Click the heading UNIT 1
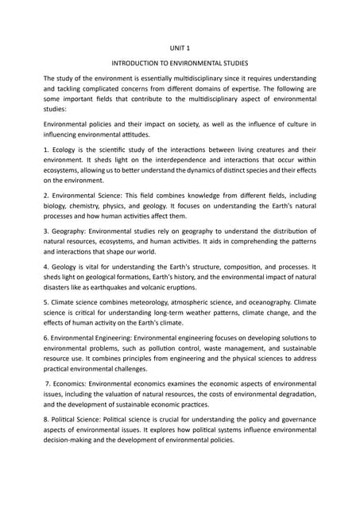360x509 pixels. pyautogui.click(x=180, y=49)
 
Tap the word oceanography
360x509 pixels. pyautogui.click(x=270, y=313)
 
